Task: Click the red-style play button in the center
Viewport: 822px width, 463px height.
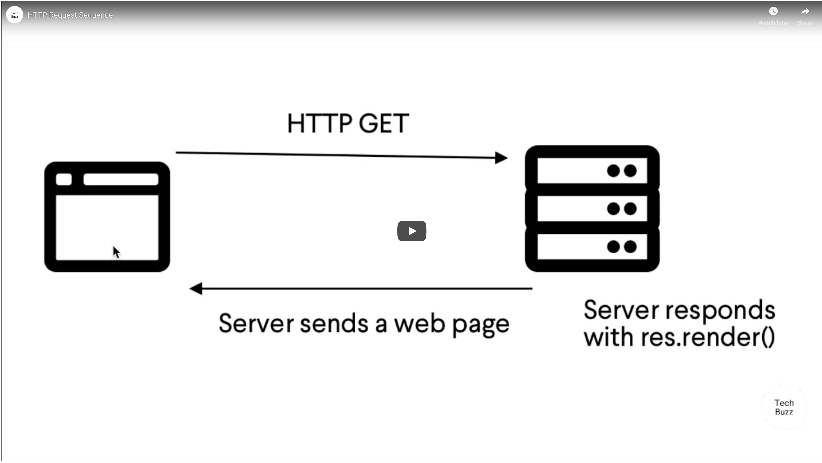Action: tap(412, 231)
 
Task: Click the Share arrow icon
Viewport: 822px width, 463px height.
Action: tap(805, 11)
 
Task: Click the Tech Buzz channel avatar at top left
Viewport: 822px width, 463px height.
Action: tap(15, 15)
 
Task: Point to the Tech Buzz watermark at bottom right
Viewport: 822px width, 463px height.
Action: tap(784, 407)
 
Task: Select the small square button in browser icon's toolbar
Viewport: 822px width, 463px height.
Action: tap(64, 179)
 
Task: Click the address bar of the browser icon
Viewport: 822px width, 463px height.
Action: tap(121, 179)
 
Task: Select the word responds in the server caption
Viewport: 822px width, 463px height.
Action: tap(720, 311)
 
